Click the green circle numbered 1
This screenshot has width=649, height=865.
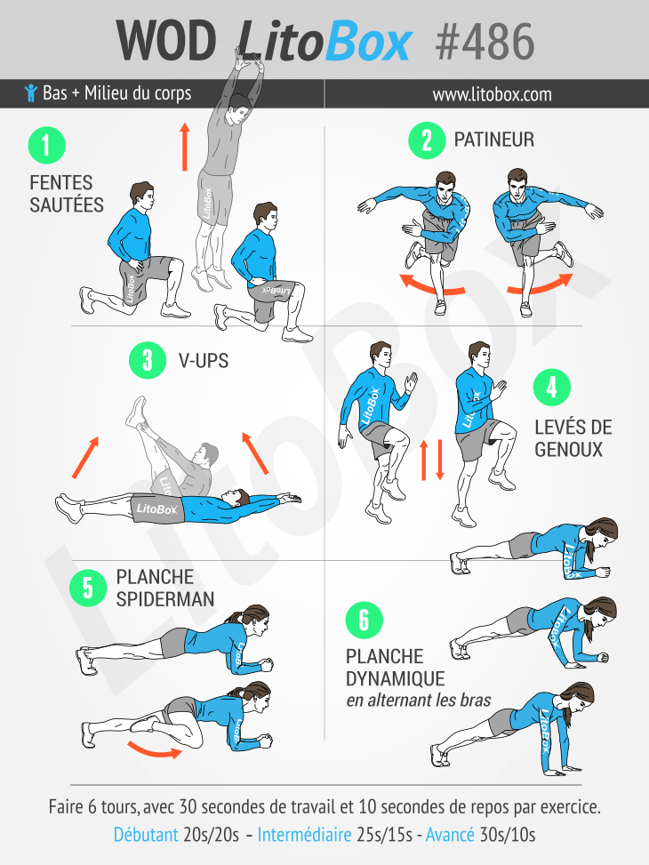pos(47,145)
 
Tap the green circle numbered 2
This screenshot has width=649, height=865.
pos(427,140)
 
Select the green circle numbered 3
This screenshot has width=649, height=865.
pos(148,360)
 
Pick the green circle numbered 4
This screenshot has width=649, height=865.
pos(552,388)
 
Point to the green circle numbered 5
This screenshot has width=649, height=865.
pos(88,588)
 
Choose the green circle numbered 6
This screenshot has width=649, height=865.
pos(365,620)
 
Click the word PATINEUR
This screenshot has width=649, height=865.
pos(494,140)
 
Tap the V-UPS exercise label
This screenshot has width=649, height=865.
pos(203,361)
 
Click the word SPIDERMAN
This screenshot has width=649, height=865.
pos(165,599)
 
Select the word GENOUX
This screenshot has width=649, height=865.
pos(568,450)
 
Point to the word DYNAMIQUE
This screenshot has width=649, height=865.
pos(395,678)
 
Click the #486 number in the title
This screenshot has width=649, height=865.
pos(485,42)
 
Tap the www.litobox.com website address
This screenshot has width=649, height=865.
pos(493,94)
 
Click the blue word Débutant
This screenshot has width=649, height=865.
pos(146,834)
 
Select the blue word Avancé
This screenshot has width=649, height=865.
pos(450,834)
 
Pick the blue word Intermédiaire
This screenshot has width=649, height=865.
pos(305,834)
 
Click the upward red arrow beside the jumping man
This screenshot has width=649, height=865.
pos(185,147)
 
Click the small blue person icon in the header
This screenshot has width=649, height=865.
pos(31,92)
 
